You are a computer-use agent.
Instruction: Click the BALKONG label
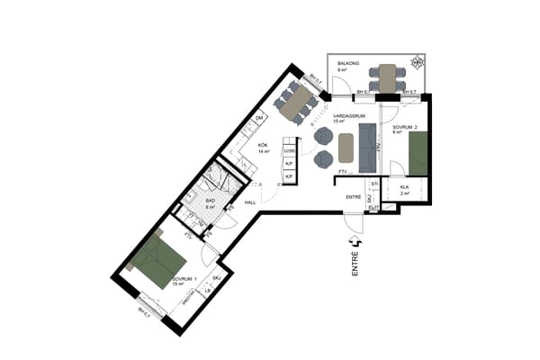(349, 63)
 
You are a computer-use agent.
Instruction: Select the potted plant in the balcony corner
(417, 64)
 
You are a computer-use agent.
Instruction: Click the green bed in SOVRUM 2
(418, 153)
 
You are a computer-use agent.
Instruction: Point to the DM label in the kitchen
(259, 119)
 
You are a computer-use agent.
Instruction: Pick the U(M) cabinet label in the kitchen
(289, 150)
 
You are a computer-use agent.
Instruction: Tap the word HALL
(249, 203)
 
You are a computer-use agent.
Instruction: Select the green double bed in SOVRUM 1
(158, 262)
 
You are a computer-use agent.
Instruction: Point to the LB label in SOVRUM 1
(208, 290)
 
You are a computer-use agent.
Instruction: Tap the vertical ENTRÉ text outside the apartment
(355, 268)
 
